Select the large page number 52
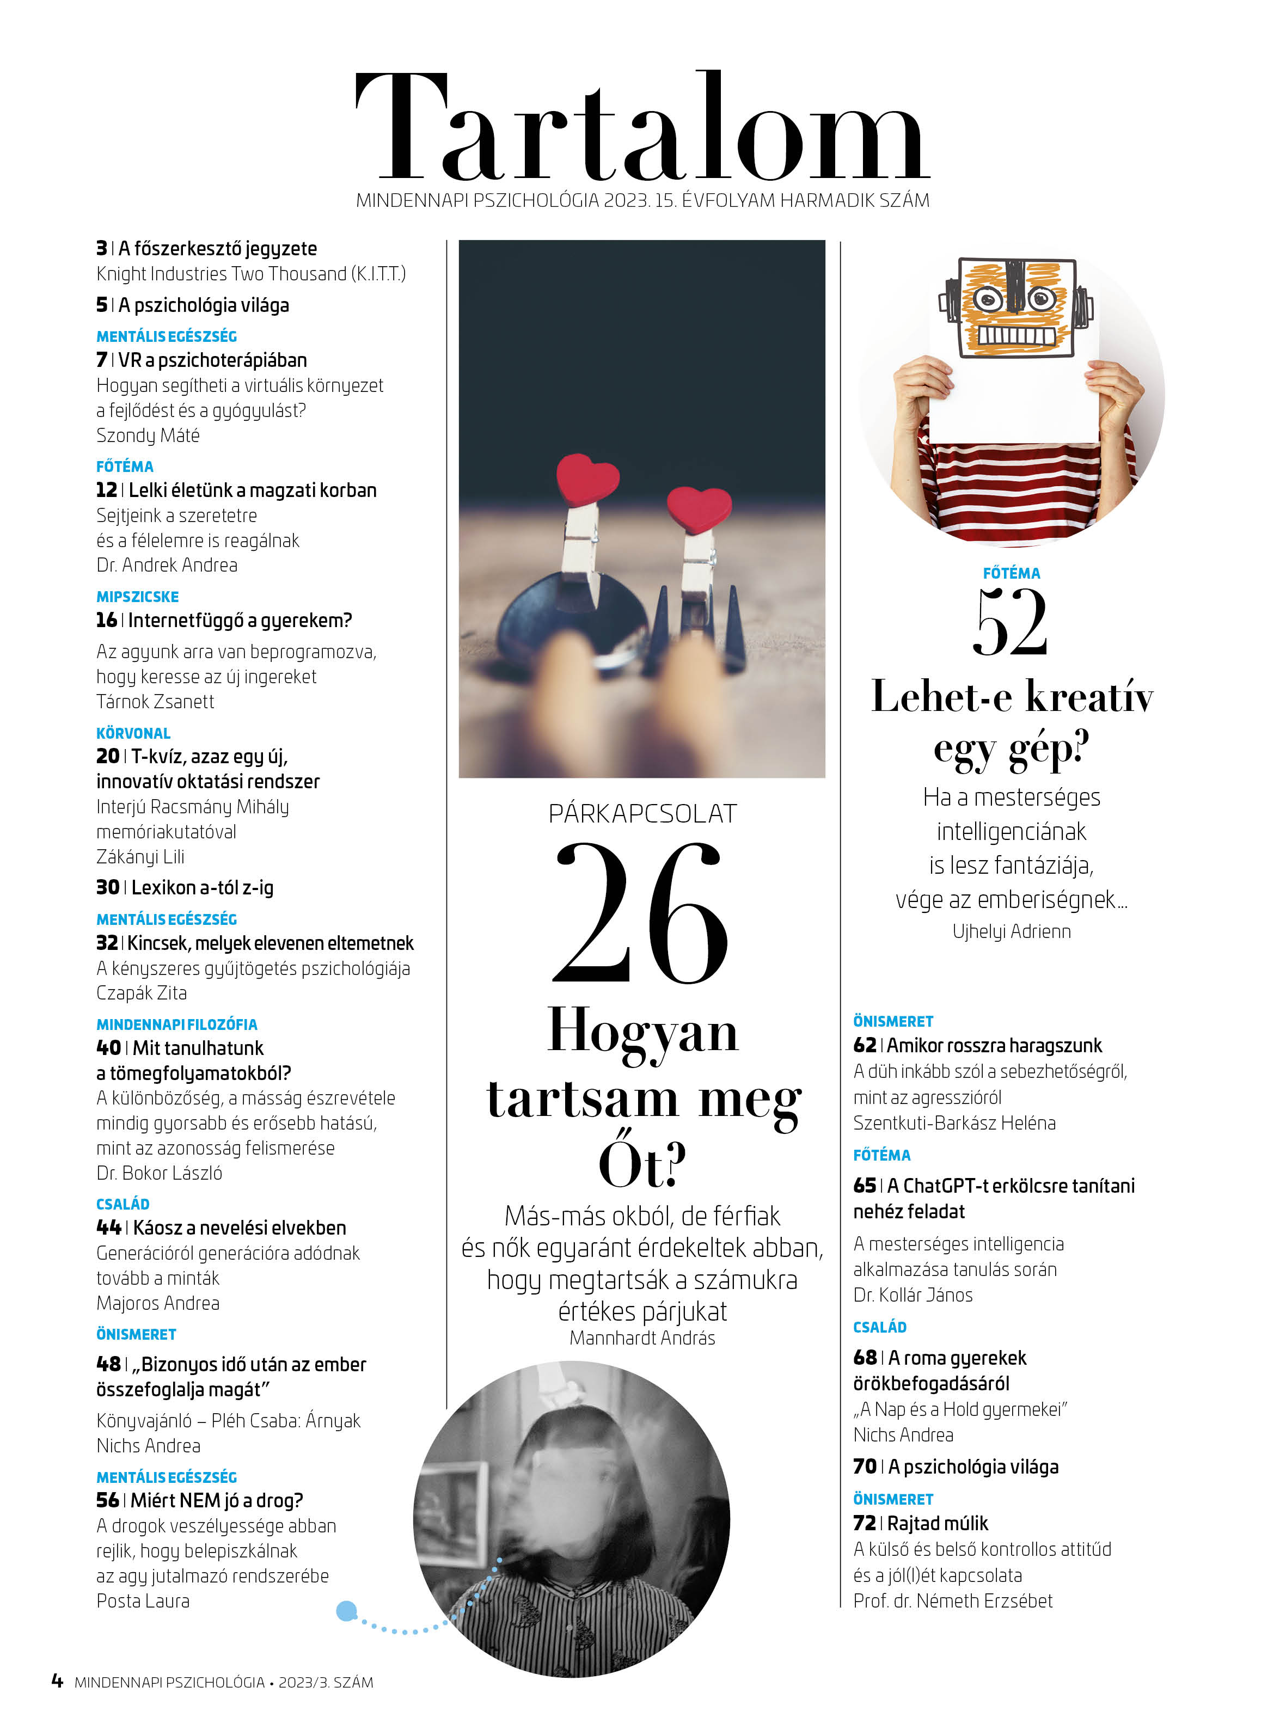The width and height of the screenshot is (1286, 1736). point(1011,623)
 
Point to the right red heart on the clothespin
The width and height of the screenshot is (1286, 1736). point(699,509)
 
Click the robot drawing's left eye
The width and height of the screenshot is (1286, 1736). point(988,299)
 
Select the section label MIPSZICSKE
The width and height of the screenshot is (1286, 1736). point(138,597)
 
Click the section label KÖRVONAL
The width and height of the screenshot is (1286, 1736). point(133,733)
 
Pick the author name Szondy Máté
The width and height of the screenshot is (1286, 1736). point(148,435)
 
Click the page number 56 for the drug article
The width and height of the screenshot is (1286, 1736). point(107,1500)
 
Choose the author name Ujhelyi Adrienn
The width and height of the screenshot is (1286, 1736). point(1011,931)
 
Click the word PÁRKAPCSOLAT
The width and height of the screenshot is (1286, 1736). point(642,814)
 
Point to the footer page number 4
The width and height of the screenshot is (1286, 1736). point(57,1681)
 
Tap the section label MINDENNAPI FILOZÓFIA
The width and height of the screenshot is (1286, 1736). point(177,1025)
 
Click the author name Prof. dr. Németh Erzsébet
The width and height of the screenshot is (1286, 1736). point(953,1600)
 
